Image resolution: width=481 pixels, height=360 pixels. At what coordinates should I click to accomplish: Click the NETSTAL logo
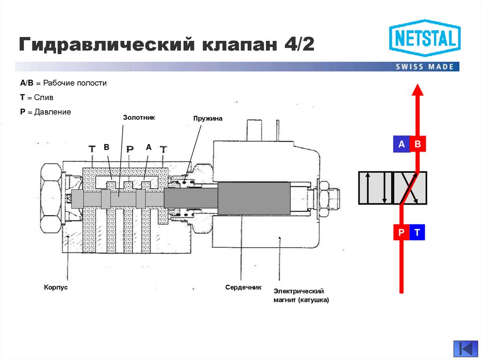click(425, 38)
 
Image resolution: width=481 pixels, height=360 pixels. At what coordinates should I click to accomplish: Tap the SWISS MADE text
click(425, 67)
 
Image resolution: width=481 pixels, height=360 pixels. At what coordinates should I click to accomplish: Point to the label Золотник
click(139, 117)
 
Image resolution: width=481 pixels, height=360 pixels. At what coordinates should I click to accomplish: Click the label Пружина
click(208, 119)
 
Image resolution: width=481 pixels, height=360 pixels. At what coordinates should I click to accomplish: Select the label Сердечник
click(243, 287)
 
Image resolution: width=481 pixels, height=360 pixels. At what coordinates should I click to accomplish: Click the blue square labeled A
click(401, 145)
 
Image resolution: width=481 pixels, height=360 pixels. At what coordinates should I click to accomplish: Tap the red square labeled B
click(417, 145)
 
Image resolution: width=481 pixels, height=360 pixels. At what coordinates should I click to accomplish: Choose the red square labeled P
click(401, 232)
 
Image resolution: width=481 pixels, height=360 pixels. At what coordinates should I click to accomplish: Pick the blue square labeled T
click(417, 232)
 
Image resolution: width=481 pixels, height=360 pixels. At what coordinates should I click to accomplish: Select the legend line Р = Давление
click(46, 112)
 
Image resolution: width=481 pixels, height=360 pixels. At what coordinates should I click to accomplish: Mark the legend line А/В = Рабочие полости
click(63, 83)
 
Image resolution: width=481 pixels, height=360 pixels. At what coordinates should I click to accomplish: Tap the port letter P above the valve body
click(130, 149)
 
